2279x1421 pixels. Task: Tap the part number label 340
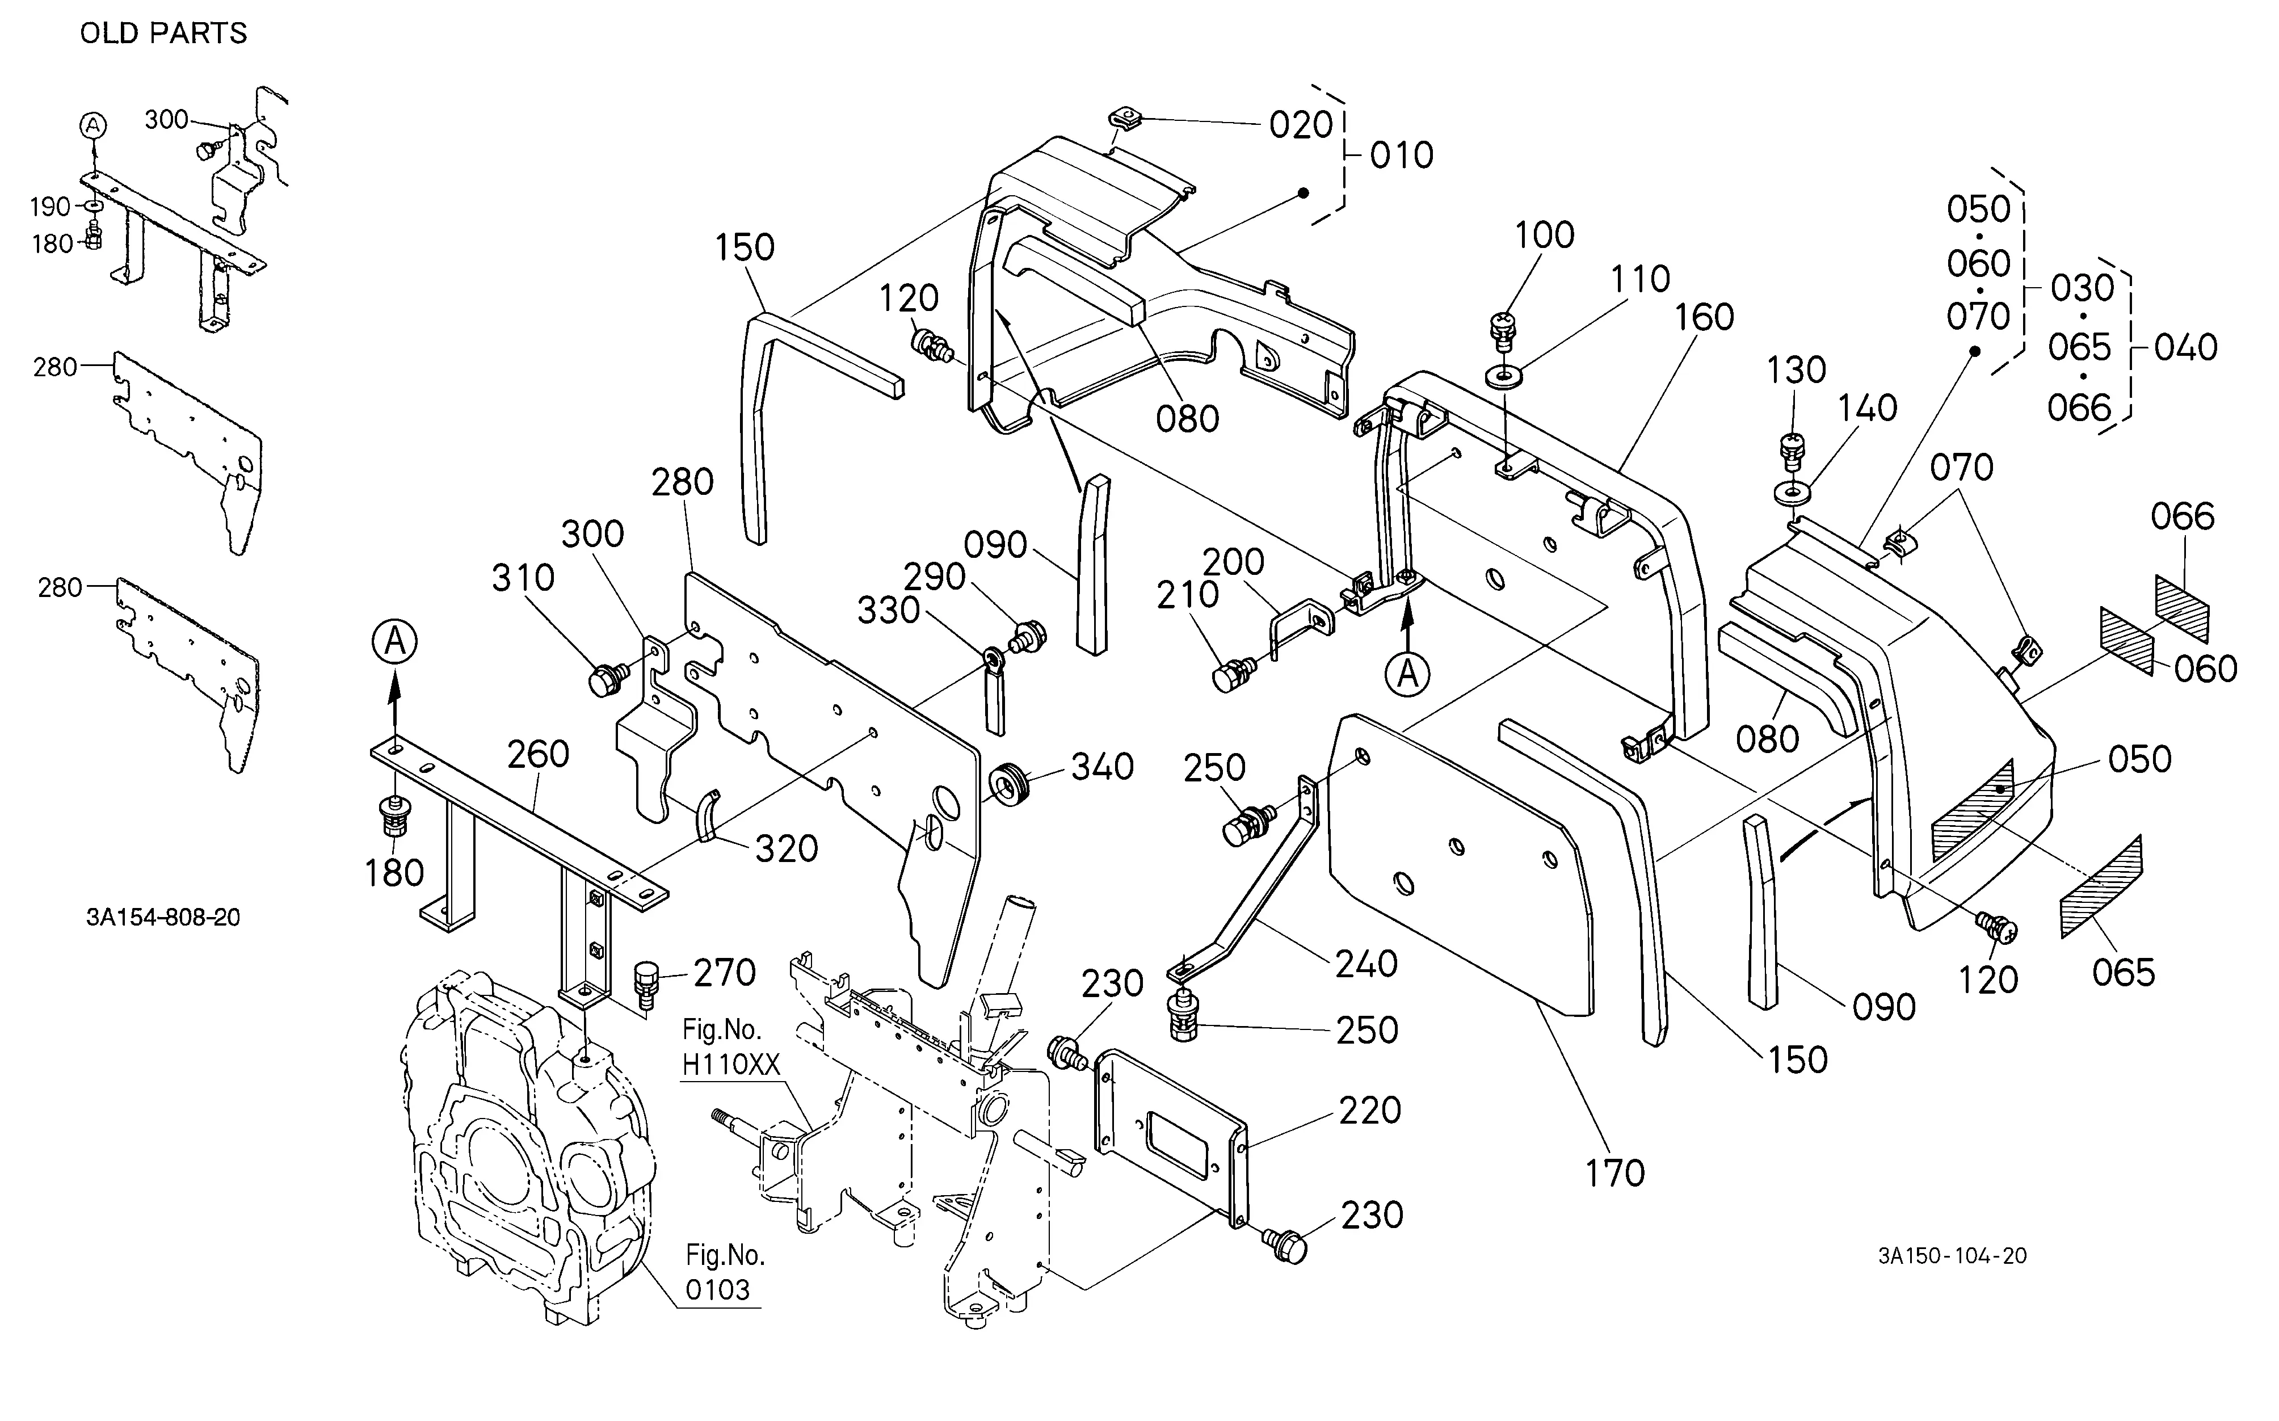tap(1103, 767)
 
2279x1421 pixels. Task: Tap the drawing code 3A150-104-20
tap(1952, 1256)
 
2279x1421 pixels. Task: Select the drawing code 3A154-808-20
tap(163, 916)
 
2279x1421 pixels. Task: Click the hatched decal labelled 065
tap(2101, 887)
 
